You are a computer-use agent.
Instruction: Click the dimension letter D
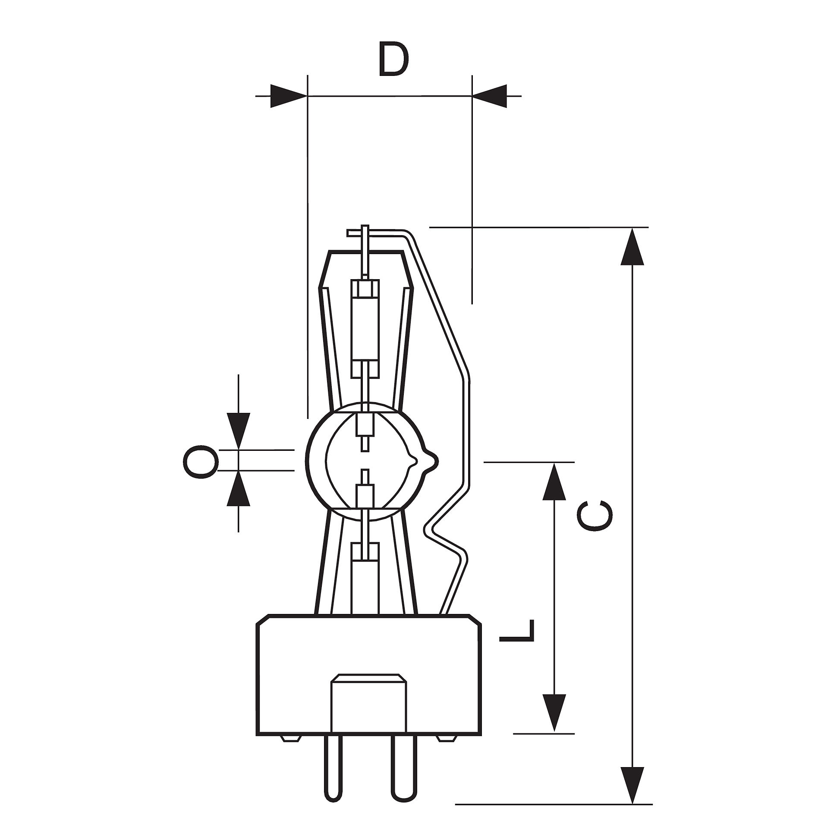coord(393,59)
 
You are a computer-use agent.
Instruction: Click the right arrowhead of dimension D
coord(490,96)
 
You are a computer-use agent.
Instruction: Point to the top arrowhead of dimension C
coord(632,246)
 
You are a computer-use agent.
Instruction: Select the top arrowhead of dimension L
coord(554,481)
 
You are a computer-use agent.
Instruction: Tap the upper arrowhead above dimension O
coord(238,431)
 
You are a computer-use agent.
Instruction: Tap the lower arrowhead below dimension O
coord(238,488)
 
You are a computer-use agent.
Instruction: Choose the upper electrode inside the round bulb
coord(365,431)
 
